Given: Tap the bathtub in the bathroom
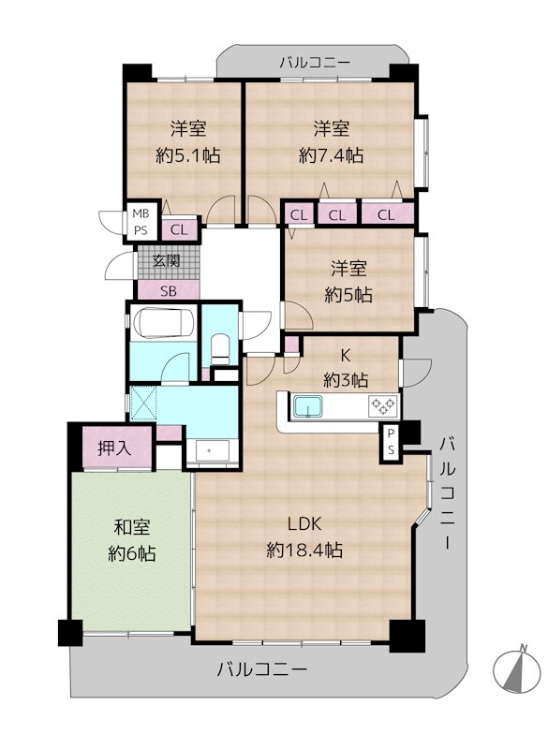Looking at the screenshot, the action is [x=163, y=322].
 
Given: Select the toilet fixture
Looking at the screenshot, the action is [x=220, y=348].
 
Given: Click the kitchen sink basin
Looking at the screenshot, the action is [x=307, y=406].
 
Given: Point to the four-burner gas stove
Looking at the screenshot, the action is [x=383, y=406].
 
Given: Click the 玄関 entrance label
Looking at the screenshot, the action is [x=167, y=261].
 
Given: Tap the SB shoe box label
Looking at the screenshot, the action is [x=169, y=290].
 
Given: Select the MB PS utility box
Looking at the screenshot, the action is [x=141, y=222].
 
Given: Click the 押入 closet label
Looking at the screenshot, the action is [x=114, y=448].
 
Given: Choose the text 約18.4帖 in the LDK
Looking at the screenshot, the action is [x=304, y=551].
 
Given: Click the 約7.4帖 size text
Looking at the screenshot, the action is [x=331, y=155].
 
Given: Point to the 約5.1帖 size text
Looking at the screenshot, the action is [x=188, y=155].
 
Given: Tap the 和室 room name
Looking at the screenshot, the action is [x=132, y=527].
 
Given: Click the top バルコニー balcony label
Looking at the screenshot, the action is [x=316, y=63].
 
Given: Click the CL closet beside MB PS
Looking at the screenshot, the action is [x=180, y=229].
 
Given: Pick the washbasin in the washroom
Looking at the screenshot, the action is [x=209, y=450].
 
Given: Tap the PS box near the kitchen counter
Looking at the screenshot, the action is [x=391, y=442].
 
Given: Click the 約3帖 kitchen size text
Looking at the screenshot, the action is [x=346, y=380].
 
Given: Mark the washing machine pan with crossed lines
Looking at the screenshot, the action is [x=143, y=403].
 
